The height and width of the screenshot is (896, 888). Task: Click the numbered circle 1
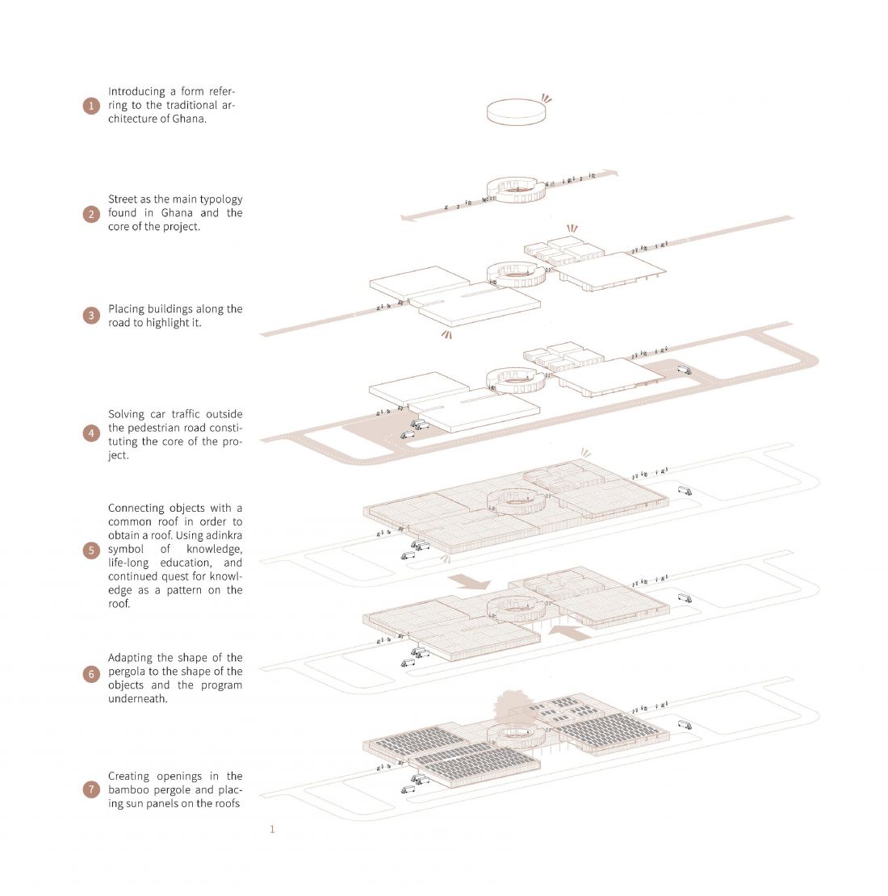(x=91, y=106)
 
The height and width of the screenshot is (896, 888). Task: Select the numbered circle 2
(x=91, y=214)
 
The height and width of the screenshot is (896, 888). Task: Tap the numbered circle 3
(x=91, y=316)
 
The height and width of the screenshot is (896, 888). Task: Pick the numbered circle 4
(x=91, y=433)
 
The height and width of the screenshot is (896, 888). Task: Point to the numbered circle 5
(x=91, y=551)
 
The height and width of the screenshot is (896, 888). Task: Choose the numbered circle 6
(x=91, y=674)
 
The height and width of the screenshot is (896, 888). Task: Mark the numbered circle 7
(x=91, y=789)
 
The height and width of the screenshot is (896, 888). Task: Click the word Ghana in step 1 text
(x=188, y=119)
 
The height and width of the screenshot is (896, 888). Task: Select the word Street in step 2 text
(x=122, y=199)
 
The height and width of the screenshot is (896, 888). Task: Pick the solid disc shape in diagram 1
(x=516, y=111)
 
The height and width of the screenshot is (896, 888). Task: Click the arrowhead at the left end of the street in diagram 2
(x=408, y=217)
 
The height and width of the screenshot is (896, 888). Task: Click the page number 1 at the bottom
(x=272, y=829)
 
